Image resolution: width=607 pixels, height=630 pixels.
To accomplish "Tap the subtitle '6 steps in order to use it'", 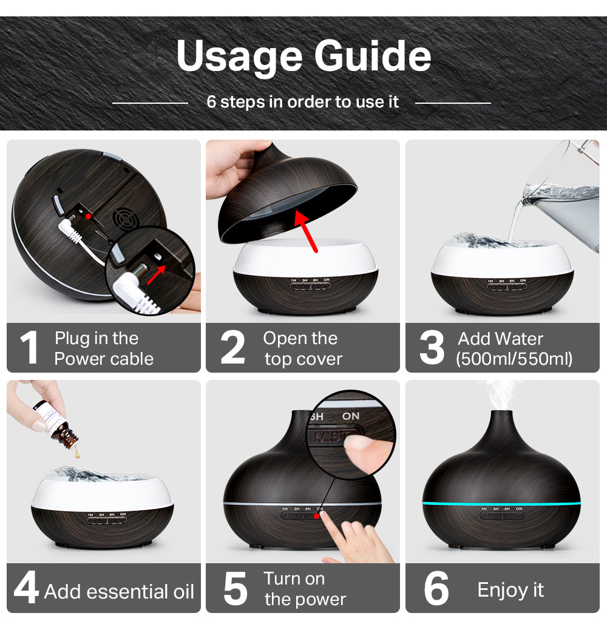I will (x=302, y=102).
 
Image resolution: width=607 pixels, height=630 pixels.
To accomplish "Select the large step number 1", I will (x=29, y=348).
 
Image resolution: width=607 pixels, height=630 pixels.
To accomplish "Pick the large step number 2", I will (x=232, y=348).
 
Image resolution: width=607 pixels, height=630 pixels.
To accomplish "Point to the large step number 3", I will (x=432, y=348).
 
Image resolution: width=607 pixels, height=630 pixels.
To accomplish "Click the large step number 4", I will (x=26, y=588).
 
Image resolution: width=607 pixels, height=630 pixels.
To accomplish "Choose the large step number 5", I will (x=235, y=588).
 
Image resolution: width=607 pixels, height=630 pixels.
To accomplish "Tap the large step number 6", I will (x=436, y=588).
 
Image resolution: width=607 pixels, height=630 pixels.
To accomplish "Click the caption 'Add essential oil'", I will (x=119, y=591).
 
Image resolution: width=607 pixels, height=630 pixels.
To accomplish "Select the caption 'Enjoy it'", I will (x=510, y=590).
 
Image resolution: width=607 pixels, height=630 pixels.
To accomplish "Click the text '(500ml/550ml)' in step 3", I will (x=514, y=359).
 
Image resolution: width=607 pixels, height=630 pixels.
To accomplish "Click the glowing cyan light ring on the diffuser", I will (x=501, y=504).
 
